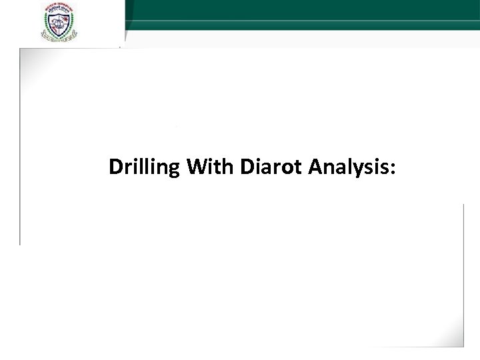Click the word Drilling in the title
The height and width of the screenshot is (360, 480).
click(x=144, y=167)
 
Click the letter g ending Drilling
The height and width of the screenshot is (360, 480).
click(x=175, y=169)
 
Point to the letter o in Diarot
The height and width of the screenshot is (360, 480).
click(x=291, y=168)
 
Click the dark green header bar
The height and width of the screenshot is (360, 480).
click(x=300, y=9)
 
